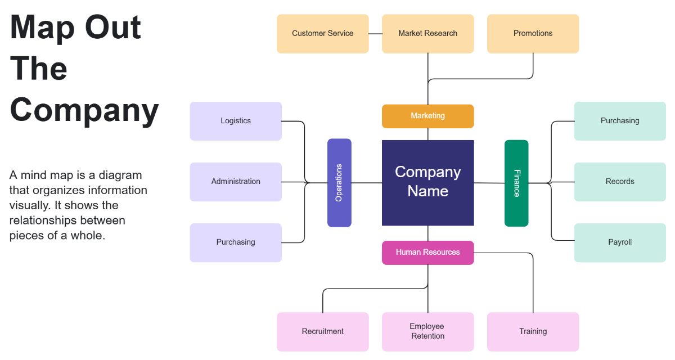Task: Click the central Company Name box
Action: coord(427,182)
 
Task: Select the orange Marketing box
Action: coord(427,116)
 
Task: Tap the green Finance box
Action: coord(516,183)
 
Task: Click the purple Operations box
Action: coord(339,183)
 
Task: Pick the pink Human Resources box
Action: coord(427,253)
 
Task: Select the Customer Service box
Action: coord(322,34)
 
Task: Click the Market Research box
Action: coord(427,34)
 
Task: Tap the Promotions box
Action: coord(533,34)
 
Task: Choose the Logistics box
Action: coord(236,121)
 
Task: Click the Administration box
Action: coord(236,182)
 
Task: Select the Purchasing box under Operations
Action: coord(236,242)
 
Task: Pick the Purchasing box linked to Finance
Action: coord(619,121)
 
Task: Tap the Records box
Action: coord(619,182)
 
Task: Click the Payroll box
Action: coord(619,242)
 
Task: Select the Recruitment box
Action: coord(322,332)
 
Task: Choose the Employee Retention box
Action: coord(427,332)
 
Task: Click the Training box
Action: coord(533,332)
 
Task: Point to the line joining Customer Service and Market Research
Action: coord(375,34)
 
